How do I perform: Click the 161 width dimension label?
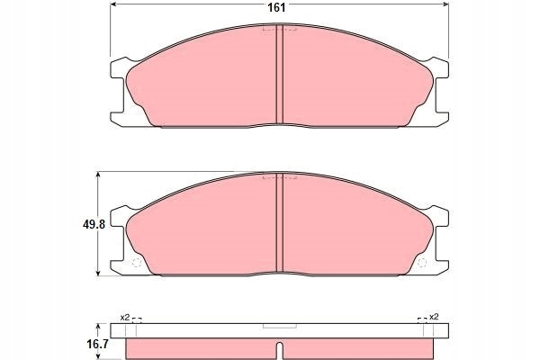click(x=276, y=7)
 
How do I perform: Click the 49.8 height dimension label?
click(x=94, y=225)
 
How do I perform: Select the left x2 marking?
click(x=125, y=318)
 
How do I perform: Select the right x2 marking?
click(x=434, y=317)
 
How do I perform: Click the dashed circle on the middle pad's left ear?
click(x=137, y=263)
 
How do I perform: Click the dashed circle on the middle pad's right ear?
click(x=421, y=263)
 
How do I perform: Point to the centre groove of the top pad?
click(x=280, y=74)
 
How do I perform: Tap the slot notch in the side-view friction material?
click(x=280, y=351)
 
